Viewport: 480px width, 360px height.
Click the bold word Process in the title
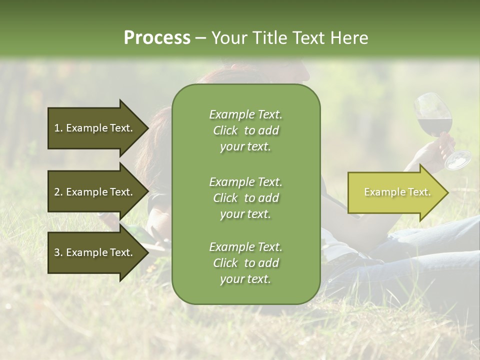(157, 38)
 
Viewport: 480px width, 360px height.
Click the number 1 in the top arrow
(57, 128)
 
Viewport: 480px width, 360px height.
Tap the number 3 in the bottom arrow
(57, 252)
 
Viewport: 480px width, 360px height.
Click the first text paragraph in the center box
(245, 130)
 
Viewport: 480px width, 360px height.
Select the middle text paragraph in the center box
(245, 198)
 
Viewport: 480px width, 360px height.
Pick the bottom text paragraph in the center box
(245, 263)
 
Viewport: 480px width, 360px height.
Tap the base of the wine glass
(458, 160)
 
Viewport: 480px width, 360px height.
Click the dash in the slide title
(200, 38)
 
